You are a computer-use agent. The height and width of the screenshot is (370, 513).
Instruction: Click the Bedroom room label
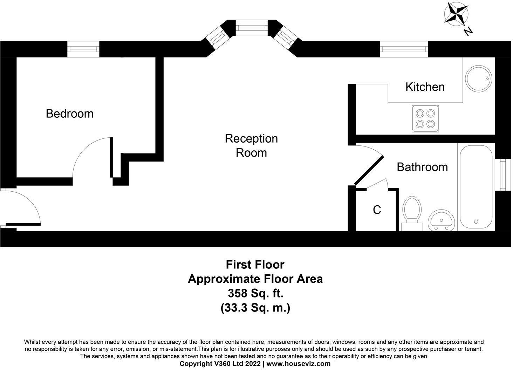point(69,114)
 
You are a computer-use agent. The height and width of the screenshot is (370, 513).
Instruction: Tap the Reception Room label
point(251,145)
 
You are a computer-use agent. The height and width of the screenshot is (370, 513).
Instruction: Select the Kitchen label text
point(425,87)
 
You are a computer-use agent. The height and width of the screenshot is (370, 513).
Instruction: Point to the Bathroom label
point(422,167)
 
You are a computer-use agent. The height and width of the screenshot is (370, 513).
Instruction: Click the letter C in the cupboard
point(377,210)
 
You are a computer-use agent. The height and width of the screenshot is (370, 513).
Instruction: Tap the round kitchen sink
point(479,79)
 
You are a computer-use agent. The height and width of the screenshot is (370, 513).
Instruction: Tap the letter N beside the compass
point(468,32)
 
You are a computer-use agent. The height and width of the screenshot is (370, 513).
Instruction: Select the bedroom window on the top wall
point(83,49)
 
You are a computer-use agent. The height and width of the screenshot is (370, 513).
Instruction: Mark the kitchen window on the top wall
point(404,49)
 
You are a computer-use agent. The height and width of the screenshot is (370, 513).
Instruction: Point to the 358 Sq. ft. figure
point(255,293)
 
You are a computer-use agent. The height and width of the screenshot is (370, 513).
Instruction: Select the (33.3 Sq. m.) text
point(255,308)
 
